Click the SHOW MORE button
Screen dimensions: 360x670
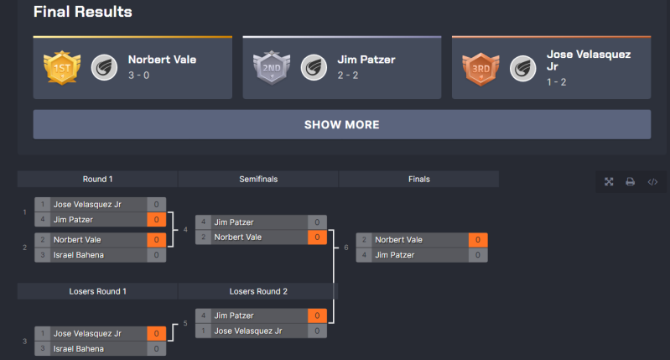[x=341, y=124]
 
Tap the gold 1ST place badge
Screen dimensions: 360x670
[x=60, y=66]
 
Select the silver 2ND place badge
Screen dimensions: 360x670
[x=270, y=66]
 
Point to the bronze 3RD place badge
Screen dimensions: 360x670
[x=479, y=66]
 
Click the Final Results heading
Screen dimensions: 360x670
[x=82, y=12]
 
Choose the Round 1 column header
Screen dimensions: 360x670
[x=97, y=179]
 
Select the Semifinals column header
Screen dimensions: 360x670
[x=257, y=179]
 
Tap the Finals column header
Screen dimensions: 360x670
[x=418, y=179]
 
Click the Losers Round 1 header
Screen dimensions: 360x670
[x=97, y=291]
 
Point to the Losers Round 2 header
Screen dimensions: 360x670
[x=257, y=291]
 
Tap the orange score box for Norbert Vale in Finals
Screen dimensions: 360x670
[x=477, y=240]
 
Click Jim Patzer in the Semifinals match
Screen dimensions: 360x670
[x=234, y=222]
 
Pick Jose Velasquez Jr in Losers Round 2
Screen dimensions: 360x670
[x=248, y=331]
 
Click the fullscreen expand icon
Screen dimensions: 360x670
[x=609, y=181]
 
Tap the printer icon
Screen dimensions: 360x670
[x=631, y=181]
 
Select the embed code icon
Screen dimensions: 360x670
[x=652, y=181]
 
